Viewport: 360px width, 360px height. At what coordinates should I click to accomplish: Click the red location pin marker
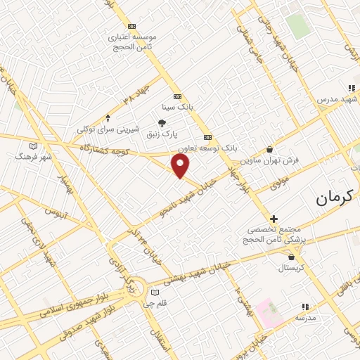coord(181,166)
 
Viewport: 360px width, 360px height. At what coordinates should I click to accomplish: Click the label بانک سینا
coord(176,108)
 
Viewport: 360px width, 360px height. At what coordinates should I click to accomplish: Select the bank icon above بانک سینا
coord(176,97)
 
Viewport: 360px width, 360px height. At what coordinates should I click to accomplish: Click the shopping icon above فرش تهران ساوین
coord(270,149)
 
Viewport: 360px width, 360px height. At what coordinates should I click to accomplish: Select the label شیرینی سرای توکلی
coord(108,129)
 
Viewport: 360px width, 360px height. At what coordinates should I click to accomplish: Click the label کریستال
coord(290,268)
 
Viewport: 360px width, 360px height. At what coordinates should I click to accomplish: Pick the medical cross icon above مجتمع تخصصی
coord(274,219)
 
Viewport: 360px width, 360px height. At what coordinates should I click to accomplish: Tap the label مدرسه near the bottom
coord(304,318)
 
